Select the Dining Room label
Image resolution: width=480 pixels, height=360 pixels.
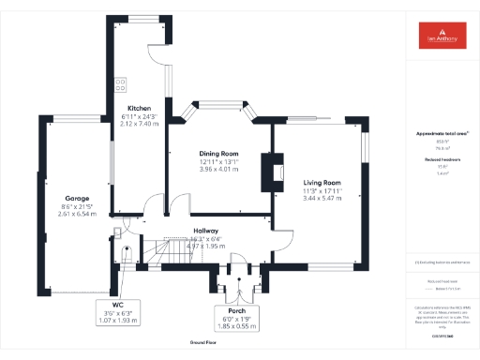tap(217, 154)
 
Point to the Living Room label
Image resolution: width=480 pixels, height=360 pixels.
tap(321, 183)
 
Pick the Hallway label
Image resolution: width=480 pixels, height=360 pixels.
tap(206, 231)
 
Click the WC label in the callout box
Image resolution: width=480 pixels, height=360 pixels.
tap(117, 305)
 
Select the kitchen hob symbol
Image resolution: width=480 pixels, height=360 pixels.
tap(121, 84)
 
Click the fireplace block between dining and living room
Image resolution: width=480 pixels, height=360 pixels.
tap(271, 169)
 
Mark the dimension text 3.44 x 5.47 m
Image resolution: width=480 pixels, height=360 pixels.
tap(321, 199)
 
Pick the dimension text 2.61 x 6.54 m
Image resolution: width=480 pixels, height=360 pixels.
tap(77, 214)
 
